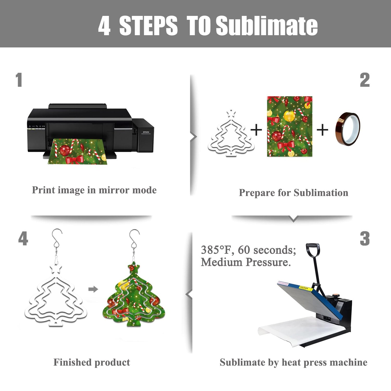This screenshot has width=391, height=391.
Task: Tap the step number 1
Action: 19,80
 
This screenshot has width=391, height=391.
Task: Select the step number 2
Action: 365,80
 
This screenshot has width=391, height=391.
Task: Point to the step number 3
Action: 365,239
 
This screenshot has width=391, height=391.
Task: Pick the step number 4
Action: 23,239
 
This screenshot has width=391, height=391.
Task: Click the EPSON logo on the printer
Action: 146,132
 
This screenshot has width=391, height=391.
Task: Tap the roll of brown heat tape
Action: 348,129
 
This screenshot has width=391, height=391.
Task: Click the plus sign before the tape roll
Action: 322,130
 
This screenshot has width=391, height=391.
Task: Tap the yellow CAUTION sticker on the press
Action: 304,288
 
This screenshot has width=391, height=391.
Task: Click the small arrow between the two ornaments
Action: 93,289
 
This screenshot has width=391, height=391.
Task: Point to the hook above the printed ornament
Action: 135,239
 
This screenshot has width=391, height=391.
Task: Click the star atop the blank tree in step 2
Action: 231,114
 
